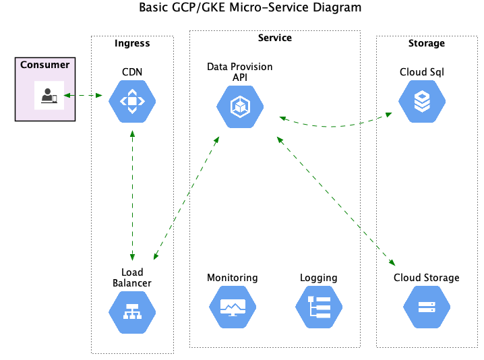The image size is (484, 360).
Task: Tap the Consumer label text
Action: pos(44,65)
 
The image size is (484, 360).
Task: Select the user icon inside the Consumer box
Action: pos(49,95)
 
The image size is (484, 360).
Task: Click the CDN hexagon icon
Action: pos(132,102)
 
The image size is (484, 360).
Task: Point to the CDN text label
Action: pos(132,72)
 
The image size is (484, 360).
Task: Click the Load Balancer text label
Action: pos(132,278)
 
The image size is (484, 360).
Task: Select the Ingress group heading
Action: pos(132,43)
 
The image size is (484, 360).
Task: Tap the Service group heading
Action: pos(274,38)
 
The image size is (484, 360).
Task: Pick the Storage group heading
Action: pos(426,43)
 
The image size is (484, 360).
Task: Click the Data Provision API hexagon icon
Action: pos(240,107)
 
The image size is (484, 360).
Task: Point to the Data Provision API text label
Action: pos(240,71)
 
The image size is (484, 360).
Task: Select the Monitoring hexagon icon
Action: pos(233,307)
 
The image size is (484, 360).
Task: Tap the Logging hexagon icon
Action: pos(319,307)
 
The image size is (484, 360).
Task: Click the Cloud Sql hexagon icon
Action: pos(421,102)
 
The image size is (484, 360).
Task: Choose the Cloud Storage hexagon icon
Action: pos(426,307)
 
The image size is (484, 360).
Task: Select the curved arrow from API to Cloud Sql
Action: pos(336,126)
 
